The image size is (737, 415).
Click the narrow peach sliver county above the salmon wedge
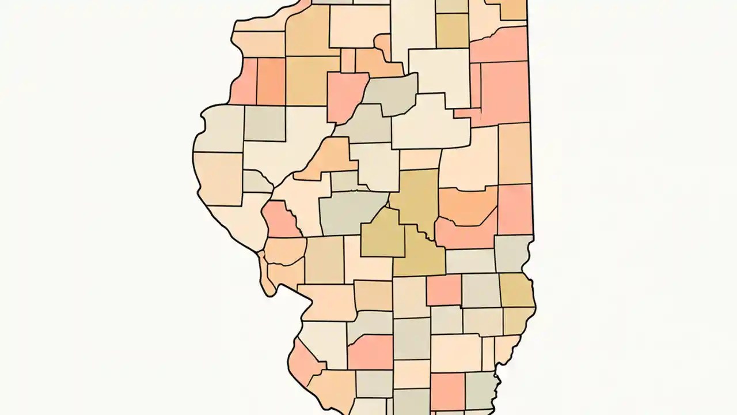[348, 60]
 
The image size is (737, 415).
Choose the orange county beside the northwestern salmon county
[271, 81]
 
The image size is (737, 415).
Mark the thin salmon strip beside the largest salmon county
[475, 86]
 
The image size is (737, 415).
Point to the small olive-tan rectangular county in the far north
[452, 30]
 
